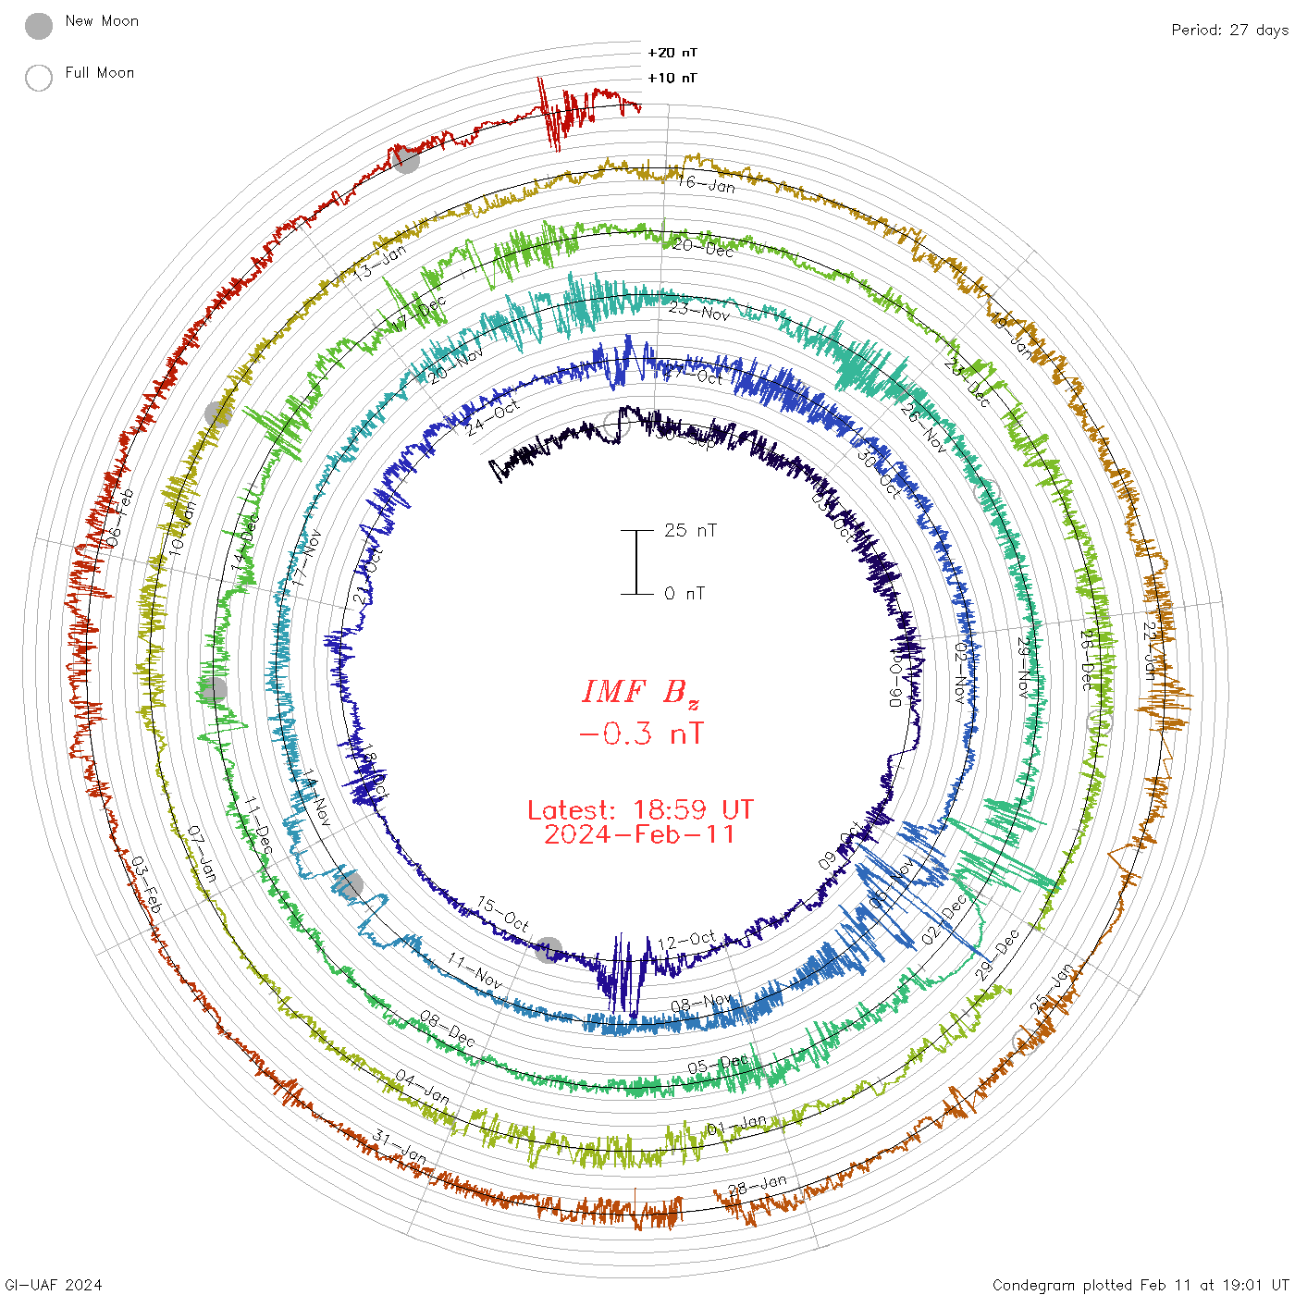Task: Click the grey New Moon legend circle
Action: [x=39, y=27]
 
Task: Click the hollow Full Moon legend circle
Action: [x=39, y=79]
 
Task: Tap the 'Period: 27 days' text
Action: [x=1229, y=31]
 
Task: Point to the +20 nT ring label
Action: [x=672, y=53]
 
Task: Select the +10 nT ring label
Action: [x=672, y=78]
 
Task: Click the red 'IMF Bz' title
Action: [x=641, y=692]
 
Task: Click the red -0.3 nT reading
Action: [x=641, y=734]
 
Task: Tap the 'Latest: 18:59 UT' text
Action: [x=640, y=810]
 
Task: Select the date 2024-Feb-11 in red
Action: [x=640, y=834]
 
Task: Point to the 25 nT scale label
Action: [x=690, y=531]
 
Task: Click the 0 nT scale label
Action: [x=684, y=594]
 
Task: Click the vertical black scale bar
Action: [x=636, y=562]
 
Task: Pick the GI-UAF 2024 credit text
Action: [x=54, y=1285]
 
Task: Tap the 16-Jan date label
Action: [x=707, y=184]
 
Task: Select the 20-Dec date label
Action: [x=703, y=247]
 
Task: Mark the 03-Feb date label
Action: [x=146, y=884]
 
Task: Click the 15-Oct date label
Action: [x=503, y=914]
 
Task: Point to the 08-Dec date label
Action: [x=448, y=1029]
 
